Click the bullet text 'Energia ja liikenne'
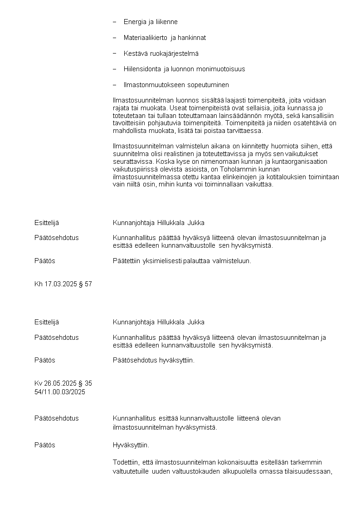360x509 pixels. click(151, 22)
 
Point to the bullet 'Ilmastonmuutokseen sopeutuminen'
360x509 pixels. click(176, 85)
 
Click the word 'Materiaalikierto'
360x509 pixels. click(145, 38)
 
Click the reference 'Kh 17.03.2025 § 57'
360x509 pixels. click(63, 284)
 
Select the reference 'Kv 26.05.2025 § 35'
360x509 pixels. click(63, 383)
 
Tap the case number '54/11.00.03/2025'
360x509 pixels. click(59, 392)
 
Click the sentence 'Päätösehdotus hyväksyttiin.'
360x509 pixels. click(153, 360)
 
